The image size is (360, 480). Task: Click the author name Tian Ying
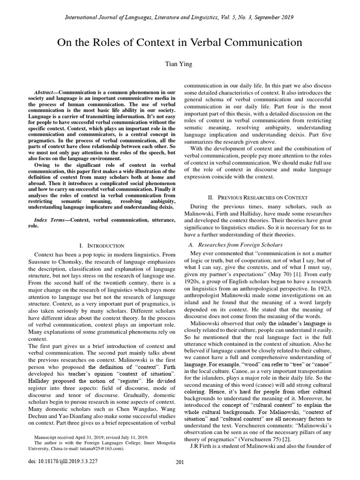[x=180, y=64]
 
